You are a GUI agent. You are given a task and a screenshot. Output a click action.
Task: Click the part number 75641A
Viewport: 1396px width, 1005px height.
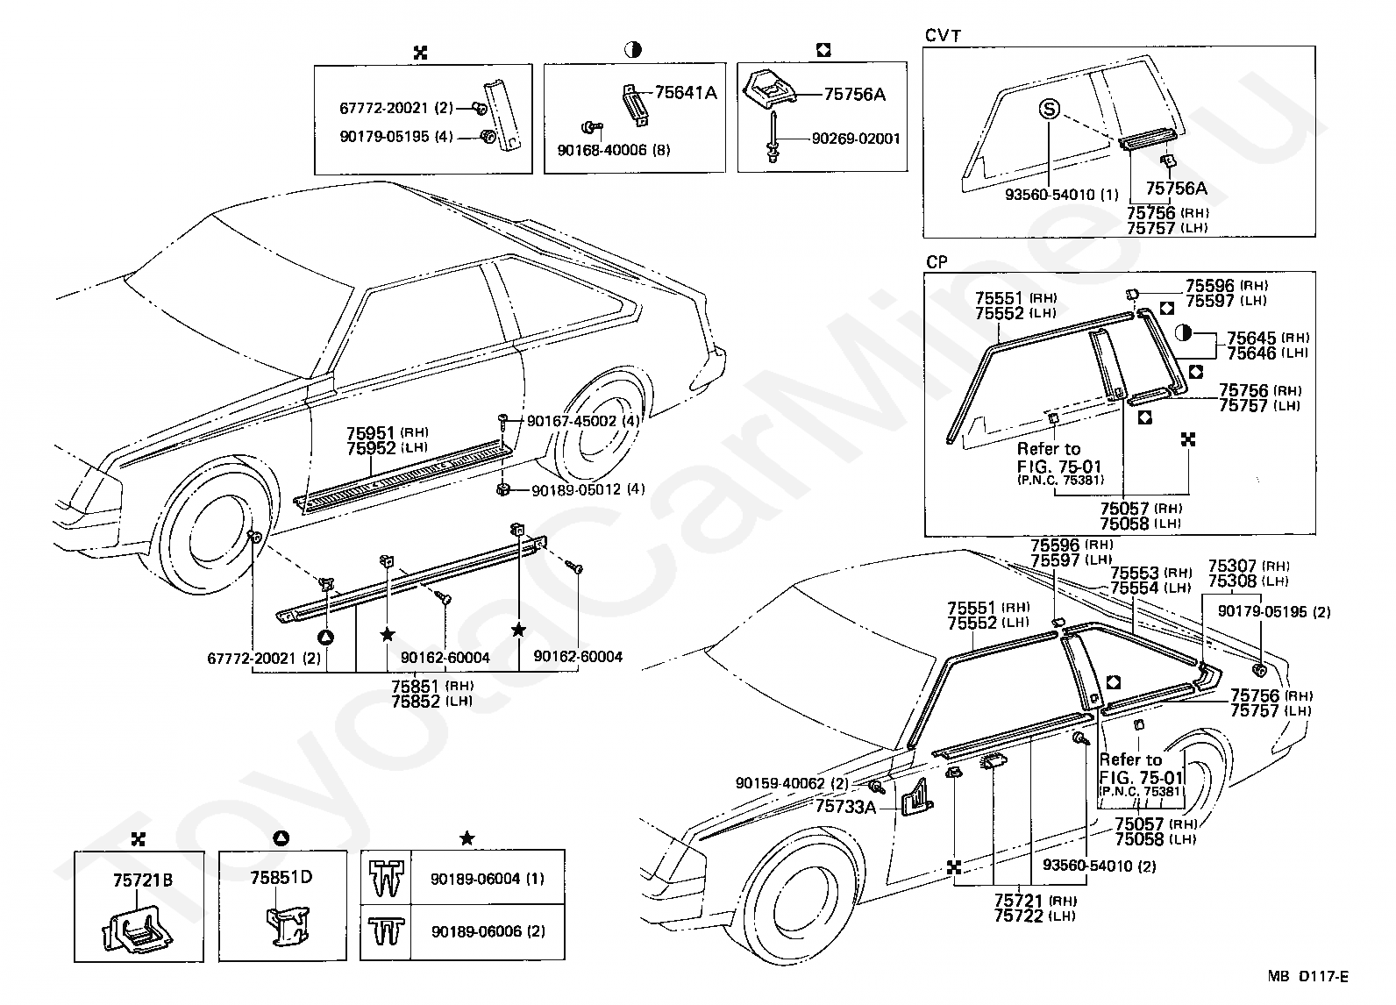pyautogui.click(x=686, y=93)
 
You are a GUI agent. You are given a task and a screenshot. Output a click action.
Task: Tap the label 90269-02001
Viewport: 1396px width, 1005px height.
pyautogui.click(x=857, y=139)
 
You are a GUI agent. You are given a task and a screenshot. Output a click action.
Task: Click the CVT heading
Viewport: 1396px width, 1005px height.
pyautogui.click(x=943, y=36)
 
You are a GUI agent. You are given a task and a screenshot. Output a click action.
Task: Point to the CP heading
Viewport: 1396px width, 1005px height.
pyautogui.click(x=937, y=262)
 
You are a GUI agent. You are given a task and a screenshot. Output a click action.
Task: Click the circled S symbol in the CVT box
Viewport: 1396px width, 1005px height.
pyautogui.click(x=1050, y=110)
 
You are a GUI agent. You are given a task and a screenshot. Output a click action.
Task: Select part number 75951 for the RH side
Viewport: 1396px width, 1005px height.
pyautogui.click(x=371, y=432)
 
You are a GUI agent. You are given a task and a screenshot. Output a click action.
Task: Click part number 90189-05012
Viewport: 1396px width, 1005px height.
pyautogui.click(x=576, y=490)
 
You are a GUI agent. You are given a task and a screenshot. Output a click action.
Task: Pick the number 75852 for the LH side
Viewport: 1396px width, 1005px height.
pyautogui.click(x=416, y=702)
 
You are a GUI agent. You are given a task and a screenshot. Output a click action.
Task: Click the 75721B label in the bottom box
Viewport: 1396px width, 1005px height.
pyautogui.click(x=143, y=880)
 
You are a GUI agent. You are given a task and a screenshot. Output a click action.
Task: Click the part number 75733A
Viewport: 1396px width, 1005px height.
pyautogui.click(x=845, y=807)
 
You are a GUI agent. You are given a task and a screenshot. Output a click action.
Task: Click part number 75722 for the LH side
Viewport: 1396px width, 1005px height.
pyautogui.click(x=1019, y=916)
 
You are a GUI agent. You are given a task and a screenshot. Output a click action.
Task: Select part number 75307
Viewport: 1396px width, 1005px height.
pyautogui.click(x=1232, y=567)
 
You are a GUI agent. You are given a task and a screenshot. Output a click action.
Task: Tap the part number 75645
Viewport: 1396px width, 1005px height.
pyautogui.click(x=1251, y=338)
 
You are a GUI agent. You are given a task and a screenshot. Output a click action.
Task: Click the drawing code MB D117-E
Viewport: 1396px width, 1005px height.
pyautogui.click(x=1307, y=976)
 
